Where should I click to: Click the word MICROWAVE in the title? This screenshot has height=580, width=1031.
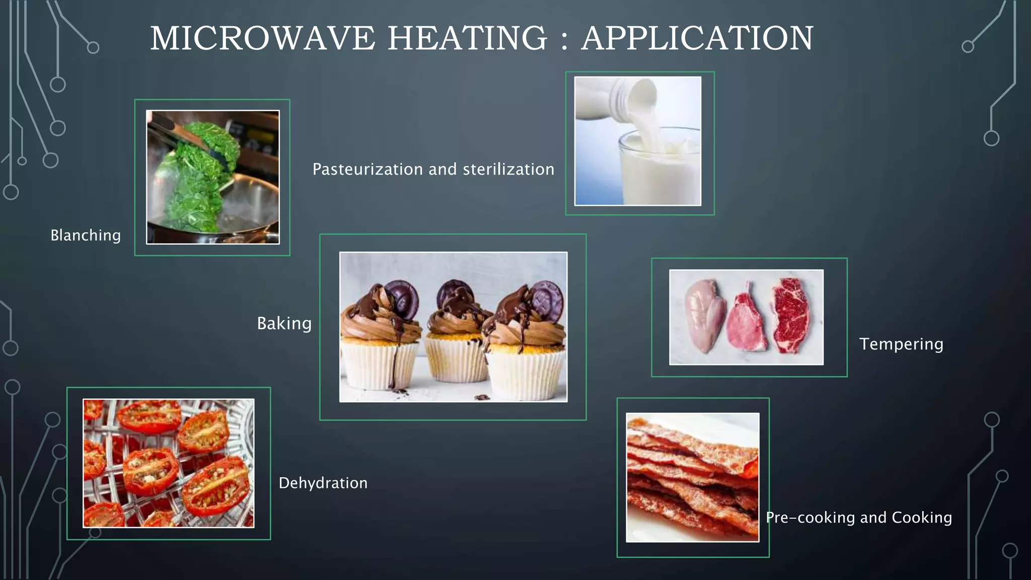click(263, 38)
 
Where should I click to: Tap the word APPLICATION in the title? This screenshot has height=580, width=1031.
click(697, 38)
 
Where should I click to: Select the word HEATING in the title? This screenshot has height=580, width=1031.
click(467, 38)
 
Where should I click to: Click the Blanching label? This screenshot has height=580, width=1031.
click(86, 235)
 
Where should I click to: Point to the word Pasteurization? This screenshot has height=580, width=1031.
click(367, 169)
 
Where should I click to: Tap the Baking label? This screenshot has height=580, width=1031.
click(284, 323)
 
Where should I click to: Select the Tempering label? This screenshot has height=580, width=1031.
click(901, 344)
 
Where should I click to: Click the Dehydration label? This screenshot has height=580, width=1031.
click(323, 483)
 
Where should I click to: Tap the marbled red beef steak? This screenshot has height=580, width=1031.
click(792, 315)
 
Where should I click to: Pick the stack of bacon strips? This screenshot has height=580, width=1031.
click(692, 478)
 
